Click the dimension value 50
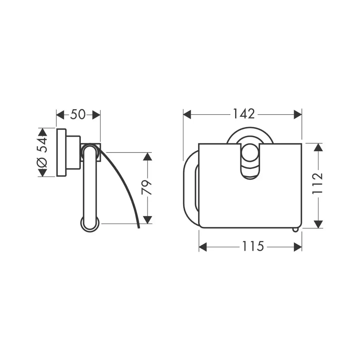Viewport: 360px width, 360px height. point(78,114)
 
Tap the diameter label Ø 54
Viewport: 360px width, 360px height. point(42,153)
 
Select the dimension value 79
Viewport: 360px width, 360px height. point(147,188)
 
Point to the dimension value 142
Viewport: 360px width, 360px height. point(244,114)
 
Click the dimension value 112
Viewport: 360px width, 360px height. point(317,184)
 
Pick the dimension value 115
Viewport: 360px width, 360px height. point(253,246)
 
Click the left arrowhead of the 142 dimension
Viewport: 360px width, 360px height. point(187,114)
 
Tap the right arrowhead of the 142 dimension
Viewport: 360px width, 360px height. point(298,114)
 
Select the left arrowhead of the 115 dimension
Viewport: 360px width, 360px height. point(203,247)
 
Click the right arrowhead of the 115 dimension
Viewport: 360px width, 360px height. point(298,247)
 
